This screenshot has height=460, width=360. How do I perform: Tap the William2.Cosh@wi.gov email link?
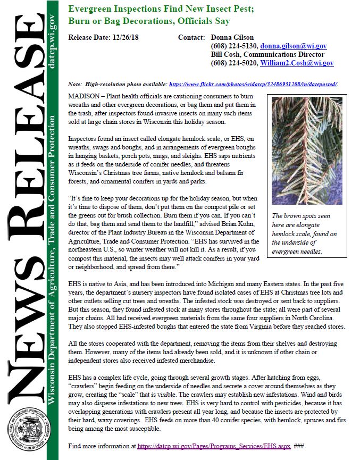(297, 63)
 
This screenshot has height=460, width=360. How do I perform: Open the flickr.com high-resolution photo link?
(253, 85)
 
